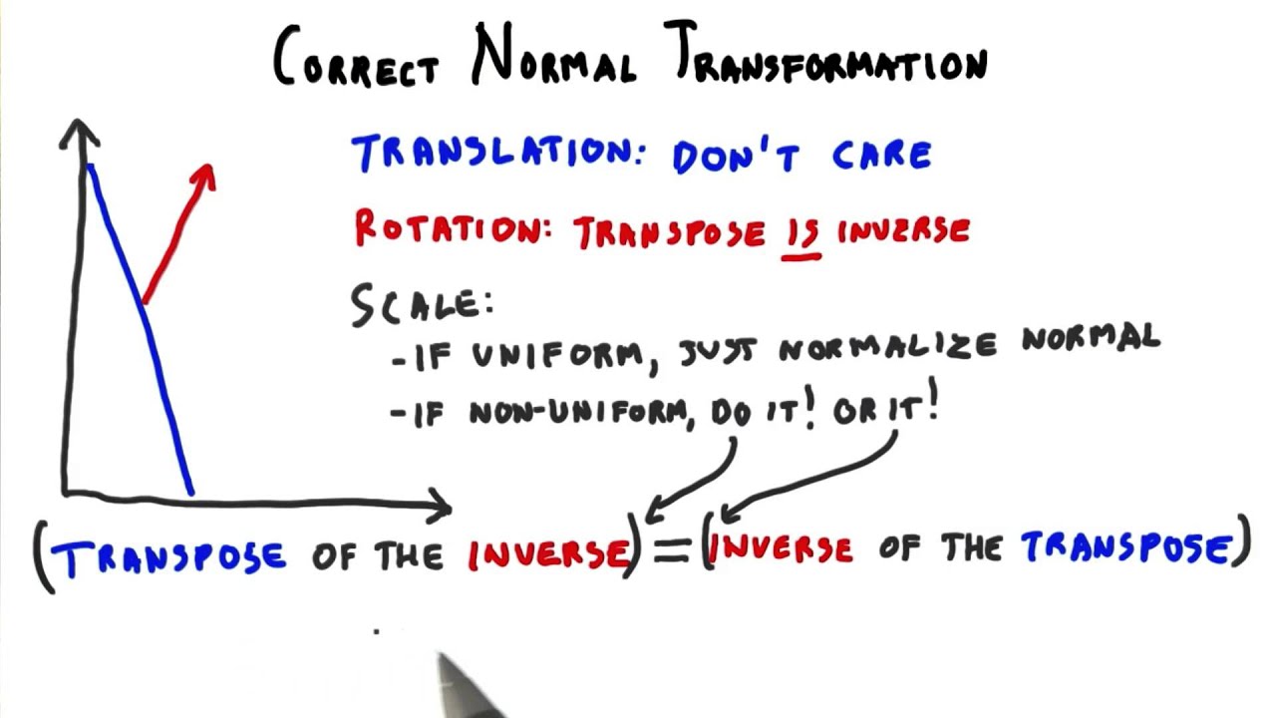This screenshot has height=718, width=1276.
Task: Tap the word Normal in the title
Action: tap(554, 58)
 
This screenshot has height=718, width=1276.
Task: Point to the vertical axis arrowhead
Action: tap(78, 130)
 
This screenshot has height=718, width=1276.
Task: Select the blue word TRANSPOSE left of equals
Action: tap(169, 556)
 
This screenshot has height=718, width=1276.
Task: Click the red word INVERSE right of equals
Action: tap(782, 548)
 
